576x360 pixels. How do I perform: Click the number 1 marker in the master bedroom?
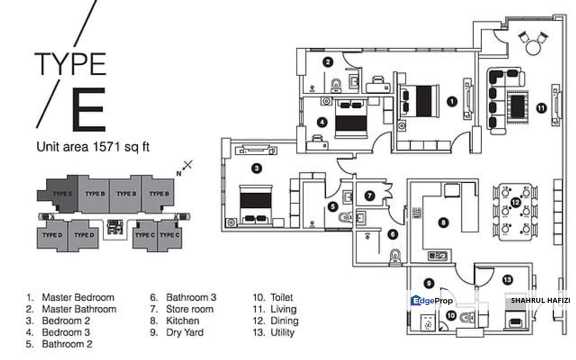tap(451, 101)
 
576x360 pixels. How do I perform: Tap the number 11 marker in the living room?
tap(541, 106)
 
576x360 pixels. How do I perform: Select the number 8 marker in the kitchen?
tap(442, 223)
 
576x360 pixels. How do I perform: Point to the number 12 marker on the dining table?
tap(515, 202)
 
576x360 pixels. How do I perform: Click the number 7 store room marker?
tap(369, 196)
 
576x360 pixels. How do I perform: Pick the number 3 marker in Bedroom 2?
tap(256, 169)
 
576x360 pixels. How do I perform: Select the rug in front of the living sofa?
tap(517, 105)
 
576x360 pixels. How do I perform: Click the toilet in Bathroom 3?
tap(395, 255)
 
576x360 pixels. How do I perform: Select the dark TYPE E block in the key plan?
tap(62, 194)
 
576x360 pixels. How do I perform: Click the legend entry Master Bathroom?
tap(78, 309)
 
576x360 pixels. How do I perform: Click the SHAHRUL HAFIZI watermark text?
tap(540, 301)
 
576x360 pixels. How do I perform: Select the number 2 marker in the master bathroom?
tap(327, 62)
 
